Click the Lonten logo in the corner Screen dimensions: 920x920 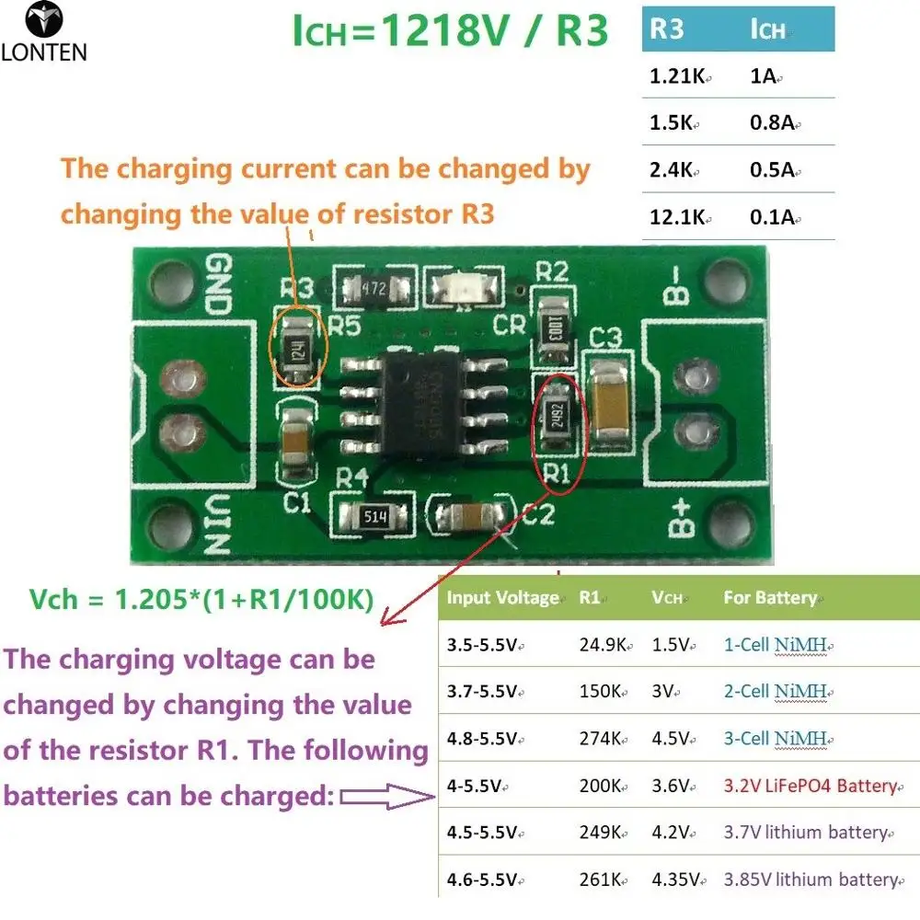43,32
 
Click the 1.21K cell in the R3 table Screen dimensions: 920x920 676,77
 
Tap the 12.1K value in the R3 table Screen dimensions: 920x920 679,217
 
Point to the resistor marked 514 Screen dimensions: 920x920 375,517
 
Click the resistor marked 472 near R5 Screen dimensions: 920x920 373,287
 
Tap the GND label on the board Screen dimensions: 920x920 218,277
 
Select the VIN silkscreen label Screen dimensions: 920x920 217,524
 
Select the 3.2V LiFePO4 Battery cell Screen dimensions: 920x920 810,786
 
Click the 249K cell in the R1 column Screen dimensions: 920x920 603,833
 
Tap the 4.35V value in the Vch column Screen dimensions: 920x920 677,879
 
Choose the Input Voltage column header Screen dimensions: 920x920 502,598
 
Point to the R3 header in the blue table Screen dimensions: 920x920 667,29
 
